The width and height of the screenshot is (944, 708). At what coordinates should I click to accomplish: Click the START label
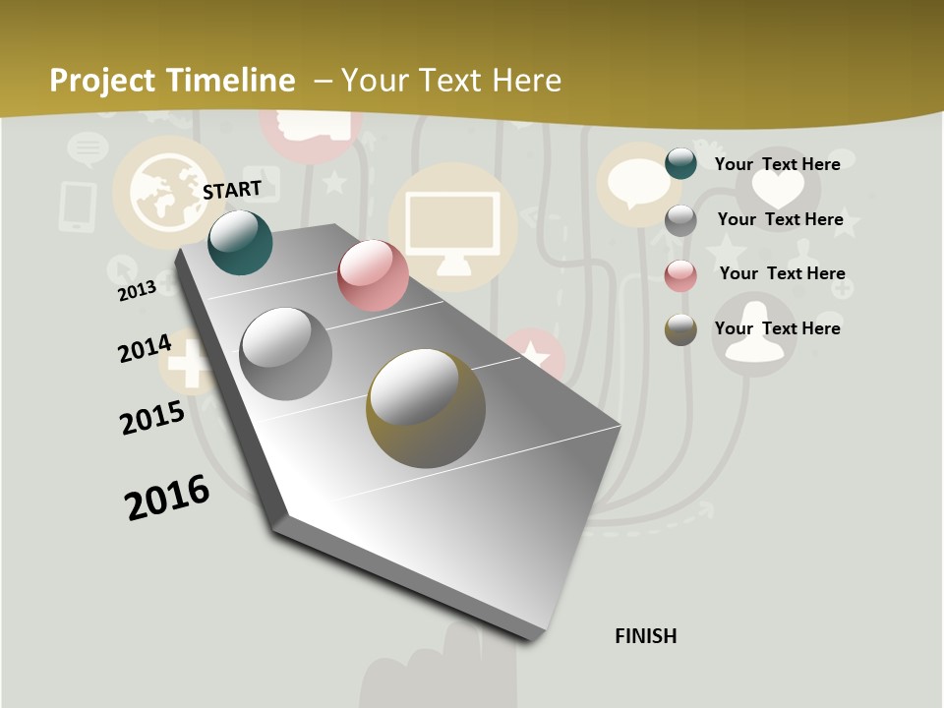tap(232, 190)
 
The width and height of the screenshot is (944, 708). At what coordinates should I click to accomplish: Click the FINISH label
tap(645, 636)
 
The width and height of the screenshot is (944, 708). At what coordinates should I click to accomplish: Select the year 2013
tap(137, 290)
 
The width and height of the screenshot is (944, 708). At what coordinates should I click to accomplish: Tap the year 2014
tap(145, 348)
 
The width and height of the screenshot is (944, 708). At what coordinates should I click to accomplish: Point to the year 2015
tap(152, 418)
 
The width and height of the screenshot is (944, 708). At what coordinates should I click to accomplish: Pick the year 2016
tap(167, 498)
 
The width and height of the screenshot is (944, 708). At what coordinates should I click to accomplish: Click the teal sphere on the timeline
tap(240, 242)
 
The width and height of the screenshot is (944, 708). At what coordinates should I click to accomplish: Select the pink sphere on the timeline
tap(373, 275)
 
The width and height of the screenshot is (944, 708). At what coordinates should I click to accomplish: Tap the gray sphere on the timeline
tap(285, 354)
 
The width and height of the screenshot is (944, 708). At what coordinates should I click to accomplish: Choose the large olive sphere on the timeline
tap(425, 408)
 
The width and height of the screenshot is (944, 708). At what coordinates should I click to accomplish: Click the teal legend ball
tap(680, 163)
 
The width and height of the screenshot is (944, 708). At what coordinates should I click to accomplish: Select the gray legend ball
tap(680, 220)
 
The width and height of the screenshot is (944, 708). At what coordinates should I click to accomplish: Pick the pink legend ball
tap(680, 274)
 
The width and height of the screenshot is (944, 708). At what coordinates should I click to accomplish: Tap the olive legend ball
tap(680, 328)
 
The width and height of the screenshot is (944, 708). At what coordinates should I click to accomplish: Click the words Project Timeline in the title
tap(172, 81)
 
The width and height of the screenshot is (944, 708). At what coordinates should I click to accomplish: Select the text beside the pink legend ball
tap(782, 273)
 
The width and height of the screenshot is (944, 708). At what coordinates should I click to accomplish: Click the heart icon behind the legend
tap(777, 187)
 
